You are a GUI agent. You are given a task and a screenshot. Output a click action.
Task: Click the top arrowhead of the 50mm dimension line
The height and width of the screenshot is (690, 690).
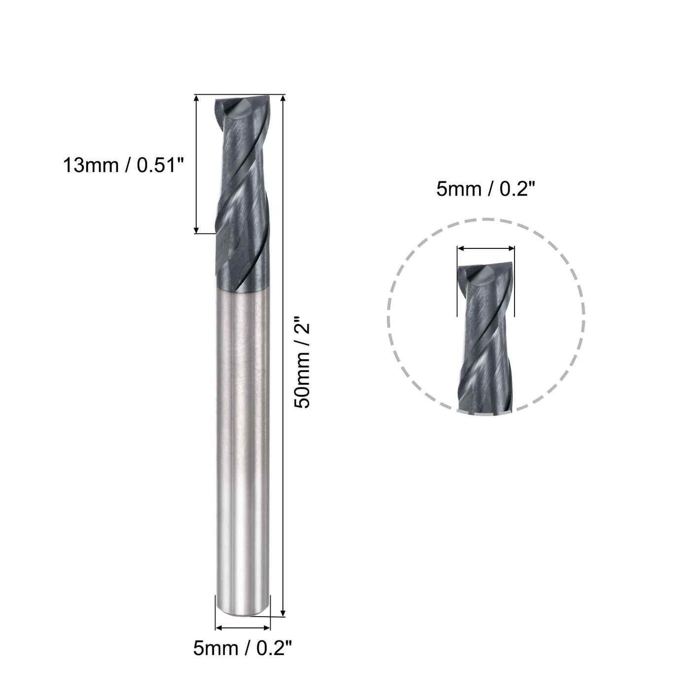tap(282, 98)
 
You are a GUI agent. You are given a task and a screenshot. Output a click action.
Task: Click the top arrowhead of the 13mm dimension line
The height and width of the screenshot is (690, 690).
tap(197, 98)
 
